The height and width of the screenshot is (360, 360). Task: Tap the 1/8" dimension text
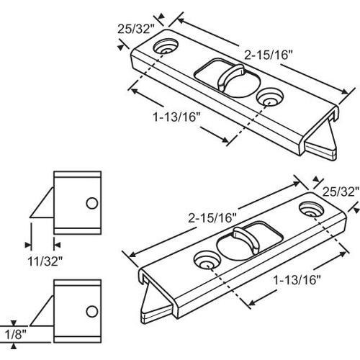pyautogui.click(x=14, y=335)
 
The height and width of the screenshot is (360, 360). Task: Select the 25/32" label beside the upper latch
pyautogui.click(x=135, y=30)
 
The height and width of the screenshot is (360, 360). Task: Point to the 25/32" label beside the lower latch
pyautogui.click(x=338, y=192)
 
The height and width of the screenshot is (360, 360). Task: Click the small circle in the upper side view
pyautogui.click(x=91, y=203)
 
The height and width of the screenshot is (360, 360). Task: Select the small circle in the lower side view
pyautogui.click(x=91, y=311)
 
